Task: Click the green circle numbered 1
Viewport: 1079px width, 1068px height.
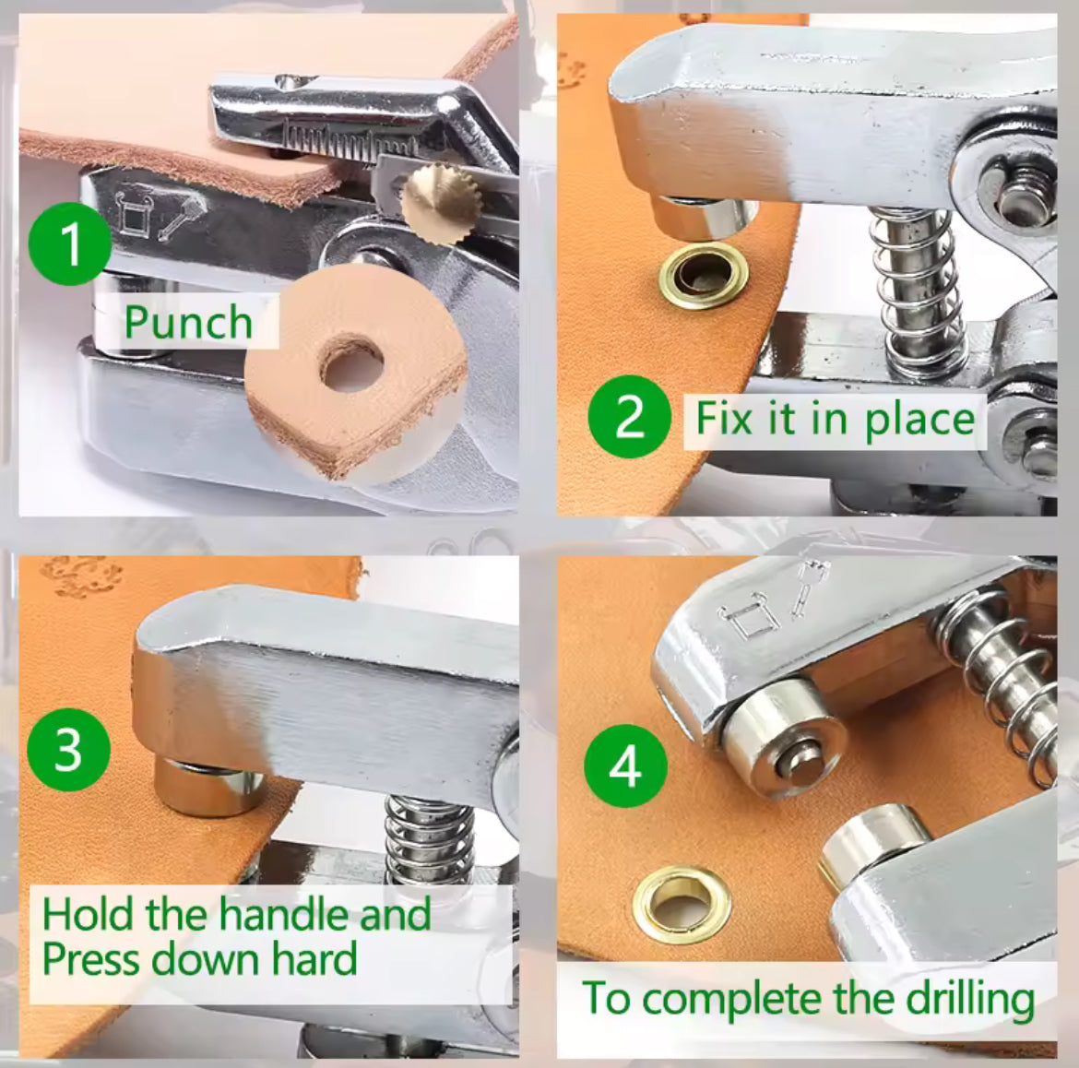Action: [69, 244]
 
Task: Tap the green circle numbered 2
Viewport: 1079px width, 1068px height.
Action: [629, 416]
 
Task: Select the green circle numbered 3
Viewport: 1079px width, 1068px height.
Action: [68, 750]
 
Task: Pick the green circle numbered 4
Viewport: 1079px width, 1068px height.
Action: [625, 765]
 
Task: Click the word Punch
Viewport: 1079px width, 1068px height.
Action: [188, 322]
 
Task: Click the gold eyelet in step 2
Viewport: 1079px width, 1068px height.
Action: [704, 275]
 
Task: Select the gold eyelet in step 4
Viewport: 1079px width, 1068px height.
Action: [682, 904]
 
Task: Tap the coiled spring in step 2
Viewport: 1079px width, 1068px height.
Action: [913, 287]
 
